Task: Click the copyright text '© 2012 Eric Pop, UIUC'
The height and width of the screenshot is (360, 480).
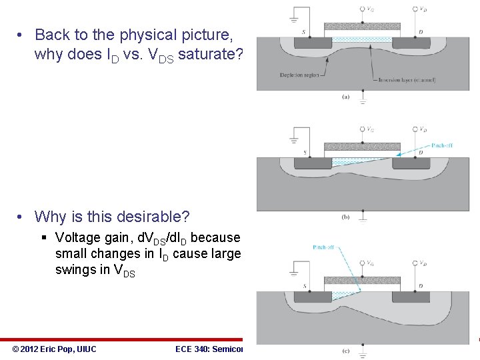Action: tap(55, 349)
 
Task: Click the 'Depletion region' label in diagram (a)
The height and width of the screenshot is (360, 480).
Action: tap(299, 75)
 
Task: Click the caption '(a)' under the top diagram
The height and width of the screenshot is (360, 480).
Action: tap(345, 96)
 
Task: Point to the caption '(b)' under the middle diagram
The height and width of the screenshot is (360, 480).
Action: tap(345, 216)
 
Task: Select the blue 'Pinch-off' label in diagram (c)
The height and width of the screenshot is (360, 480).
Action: tap(325, 247)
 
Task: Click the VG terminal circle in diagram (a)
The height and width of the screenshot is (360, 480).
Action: tap(362, 9)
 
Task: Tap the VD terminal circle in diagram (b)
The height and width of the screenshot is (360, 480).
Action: tap(415, 128)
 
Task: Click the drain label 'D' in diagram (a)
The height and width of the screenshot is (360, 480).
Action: tap(421, 31)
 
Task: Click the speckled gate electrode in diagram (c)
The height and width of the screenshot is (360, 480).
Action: tap(362, 279)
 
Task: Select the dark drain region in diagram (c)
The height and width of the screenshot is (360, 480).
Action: tap(411, 296)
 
